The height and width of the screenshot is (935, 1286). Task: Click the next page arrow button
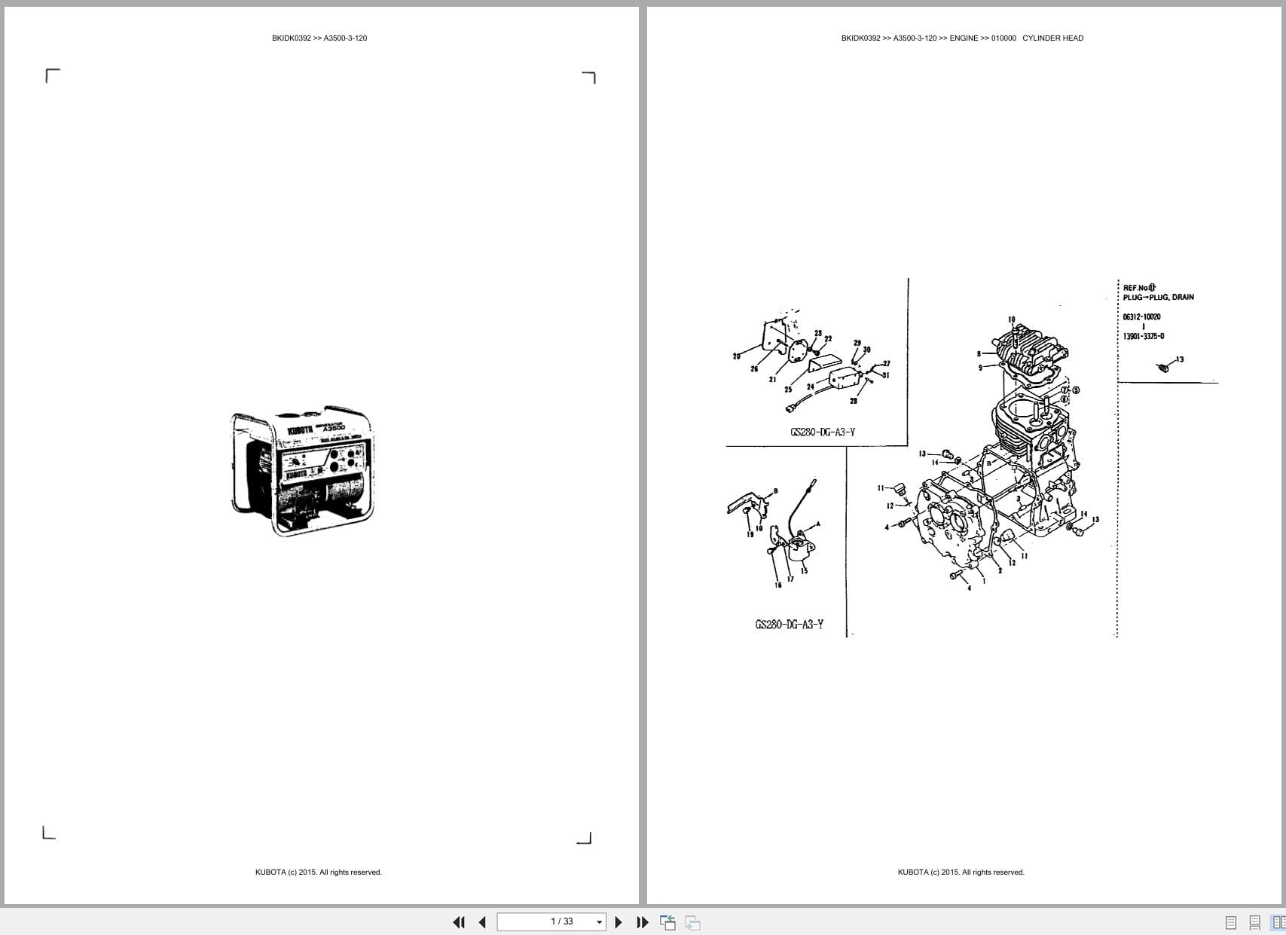pyautogui.click(x=619, y=922)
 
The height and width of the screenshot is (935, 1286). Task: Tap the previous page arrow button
pyautogui.click(x=482, y=922)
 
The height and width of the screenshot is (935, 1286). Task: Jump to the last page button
pyautogui.click(x=643, y=922)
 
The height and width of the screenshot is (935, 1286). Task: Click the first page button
pyautogui.click(x=459, y=922)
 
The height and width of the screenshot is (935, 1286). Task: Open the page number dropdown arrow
pyautogui.click(x=600, y=922)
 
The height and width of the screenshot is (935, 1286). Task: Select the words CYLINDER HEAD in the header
pyautogui.click(x=1052, y=38)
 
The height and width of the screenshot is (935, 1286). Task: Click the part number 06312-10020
pyautogui.click(x=1141, y=317)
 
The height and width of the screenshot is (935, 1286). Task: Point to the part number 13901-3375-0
pyautogui.click(x=1143, y=337)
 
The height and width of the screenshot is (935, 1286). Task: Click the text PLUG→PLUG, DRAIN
pyautogui.click(x=1158, y=298)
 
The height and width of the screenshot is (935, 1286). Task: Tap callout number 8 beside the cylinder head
pyautogui.click(x=979, y=353)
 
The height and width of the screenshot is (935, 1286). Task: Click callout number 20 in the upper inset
pyautogui.click(x=736, y=356)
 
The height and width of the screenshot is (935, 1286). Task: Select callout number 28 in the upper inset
pyautogui.click(x=854, y=401)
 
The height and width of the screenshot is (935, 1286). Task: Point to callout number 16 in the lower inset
pyautogui.click(x=778, y=585)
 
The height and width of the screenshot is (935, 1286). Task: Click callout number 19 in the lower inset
pyautogui.click(x=750, y=535)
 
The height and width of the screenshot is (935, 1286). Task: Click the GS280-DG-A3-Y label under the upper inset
pyautogui.click(x=823, y=432)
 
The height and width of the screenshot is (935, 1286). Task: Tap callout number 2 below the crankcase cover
pyautogui.click(x=1000, y=571)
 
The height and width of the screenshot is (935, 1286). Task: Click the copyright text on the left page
pyautogui.click(x=319, y=872)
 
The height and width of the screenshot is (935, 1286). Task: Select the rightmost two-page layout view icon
pyautogui.click(x=1278, y=922)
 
